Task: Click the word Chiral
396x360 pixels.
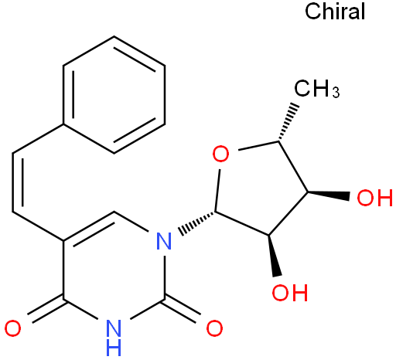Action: click(335, 12)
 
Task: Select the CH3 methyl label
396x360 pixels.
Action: click(317, 89)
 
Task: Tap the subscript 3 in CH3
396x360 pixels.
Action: click(336, 92)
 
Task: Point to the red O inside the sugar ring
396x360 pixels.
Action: click(220, 154)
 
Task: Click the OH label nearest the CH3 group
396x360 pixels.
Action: click(375, 198)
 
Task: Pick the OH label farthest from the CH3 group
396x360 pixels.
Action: click(290, 293)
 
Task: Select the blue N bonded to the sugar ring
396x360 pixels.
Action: click(164, 241)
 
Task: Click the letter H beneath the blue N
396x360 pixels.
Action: click(114, 347)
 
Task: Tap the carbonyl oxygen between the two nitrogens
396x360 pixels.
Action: click(214, 328)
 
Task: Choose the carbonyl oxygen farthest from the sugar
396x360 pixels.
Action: click(12, 328)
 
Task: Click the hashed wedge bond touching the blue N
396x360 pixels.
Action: click(196, 222)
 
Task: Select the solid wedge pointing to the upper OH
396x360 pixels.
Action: click(329, 195)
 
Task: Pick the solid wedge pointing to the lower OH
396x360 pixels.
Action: click(274, 256)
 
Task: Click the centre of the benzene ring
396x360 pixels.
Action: click(114, 95)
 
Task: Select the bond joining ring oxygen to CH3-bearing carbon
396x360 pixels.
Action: click(258, 145)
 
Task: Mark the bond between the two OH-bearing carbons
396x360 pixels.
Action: click(288, 214)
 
